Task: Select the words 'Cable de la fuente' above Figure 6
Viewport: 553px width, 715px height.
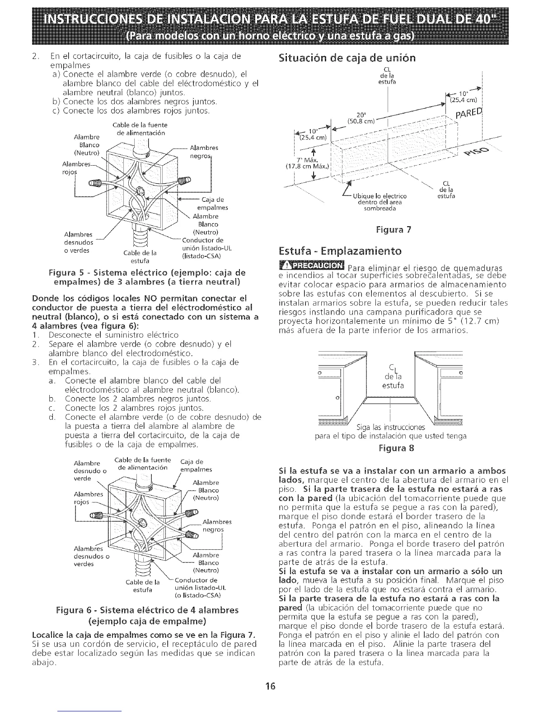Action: [x=138, y=460]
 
